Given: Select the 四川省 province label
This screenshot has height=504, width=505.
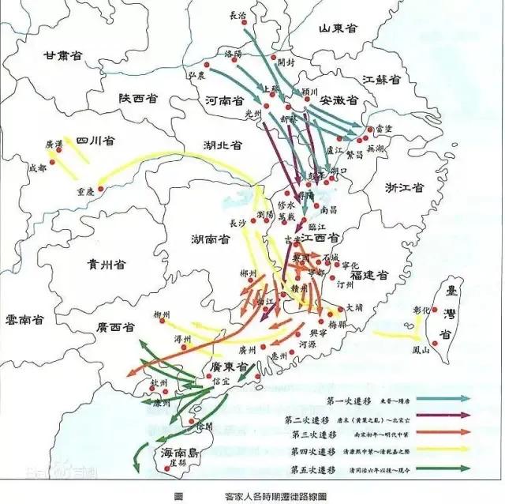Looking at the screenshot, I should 96,140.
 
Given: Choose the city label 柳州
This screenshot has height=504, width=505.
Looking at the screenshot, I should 163,314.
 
